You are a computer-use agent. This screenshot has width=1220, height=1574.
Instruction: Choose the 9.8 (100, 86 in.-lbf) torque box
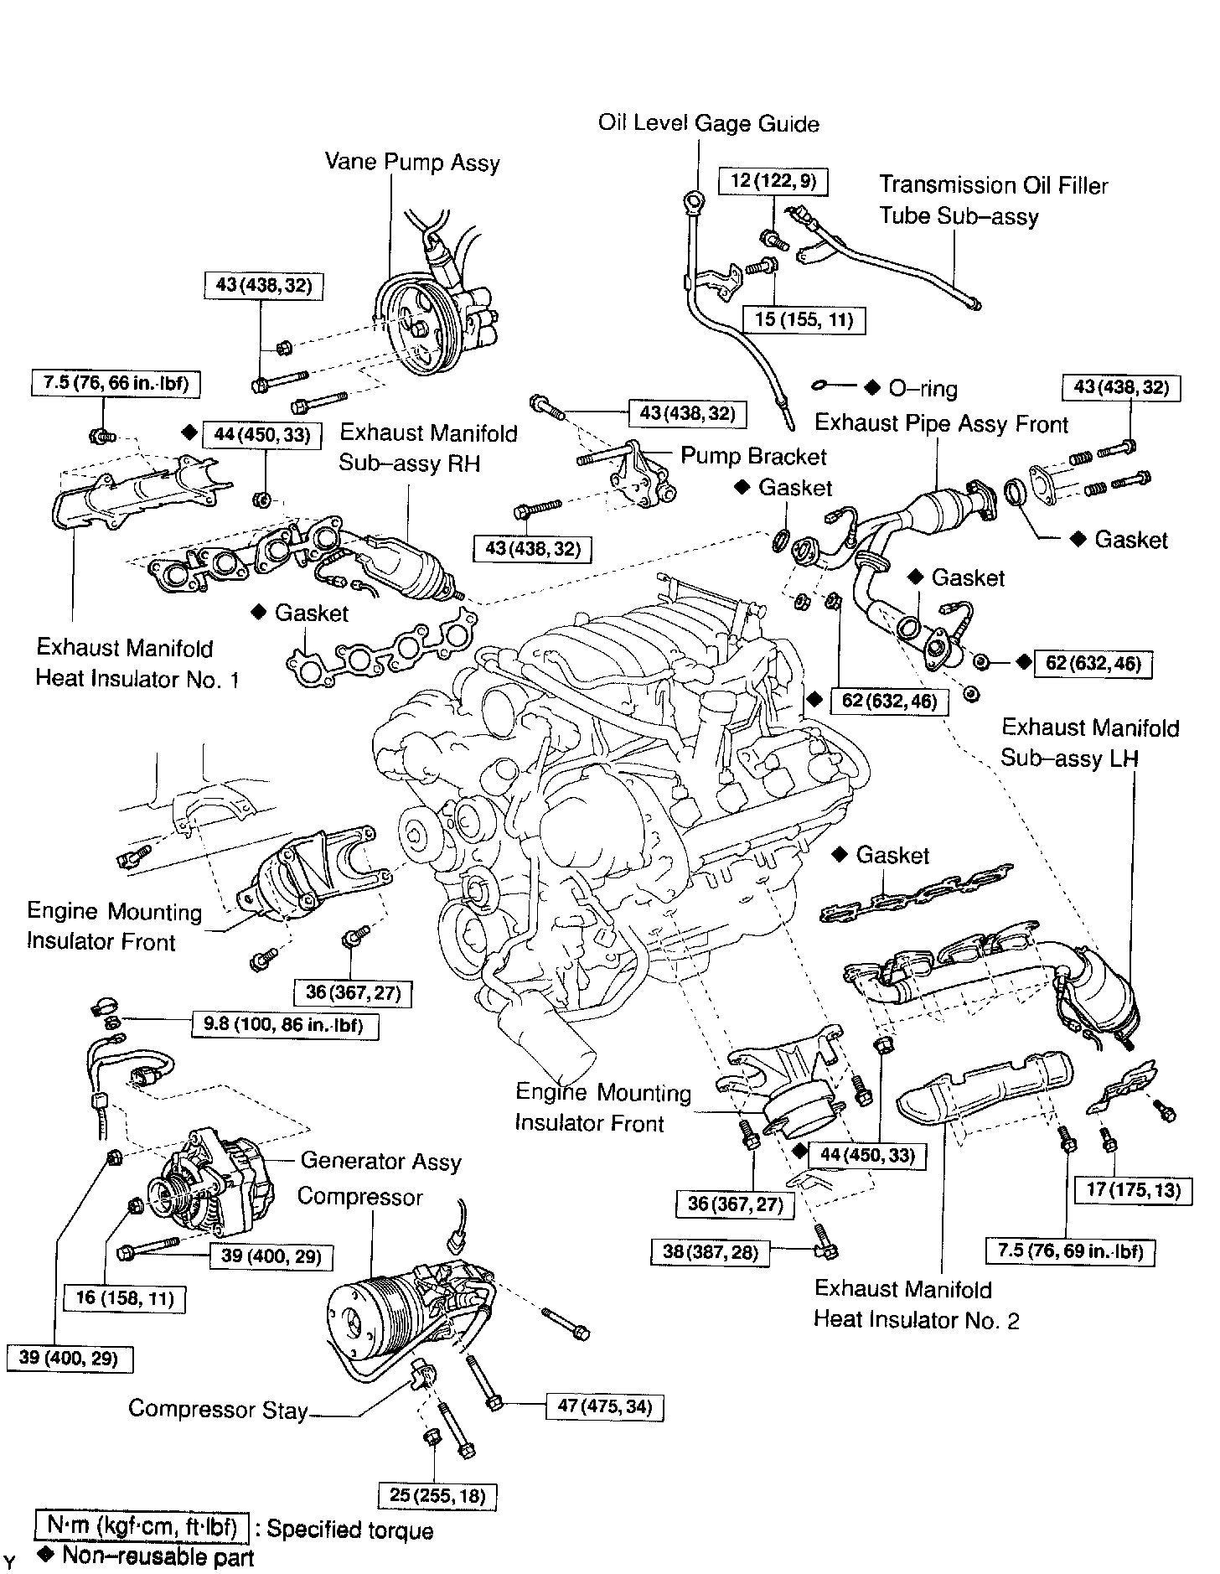point(284,1025)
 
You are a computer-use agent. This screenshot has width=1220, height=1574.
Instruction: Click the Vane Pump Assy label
point(412,162)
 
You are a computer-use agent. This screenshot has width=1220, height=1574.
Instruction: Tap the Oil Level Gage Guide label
point(708,124)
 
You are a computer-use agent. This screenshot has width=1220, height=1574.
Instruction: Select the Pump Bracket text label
point(752,456)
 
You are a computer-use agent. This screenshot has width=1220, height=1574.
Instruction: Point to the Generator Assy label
point(380,1162)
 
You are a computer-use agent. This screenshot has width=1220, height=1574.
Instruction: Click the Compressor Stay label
point(218,1410)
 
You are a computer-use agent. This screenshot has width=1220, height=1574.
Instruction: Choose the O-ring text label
point(922,389)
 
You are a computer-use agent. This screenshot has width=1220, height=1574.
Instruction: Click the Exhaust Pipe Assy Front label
point(941,423)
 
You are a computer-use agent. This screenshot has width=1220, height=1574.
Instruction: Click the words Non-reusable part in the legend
point(158,1557)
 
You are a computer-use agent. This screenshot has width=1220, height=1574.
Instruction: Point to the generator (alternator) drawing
point(214,1182)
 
